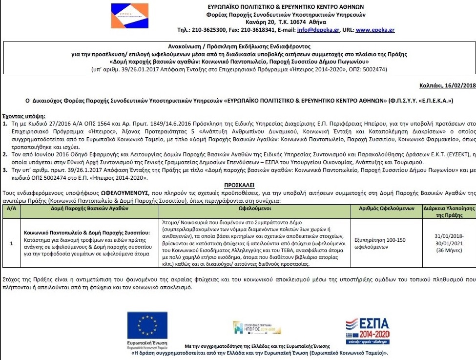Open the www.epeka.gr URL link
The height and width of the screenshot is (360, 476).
pos(375,30)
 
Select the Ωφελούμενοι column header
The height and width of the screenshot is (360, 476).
pos(255,208)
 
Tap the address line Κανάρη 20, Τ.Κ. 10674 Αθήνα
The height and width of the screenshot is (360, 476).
pos(300,22)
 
